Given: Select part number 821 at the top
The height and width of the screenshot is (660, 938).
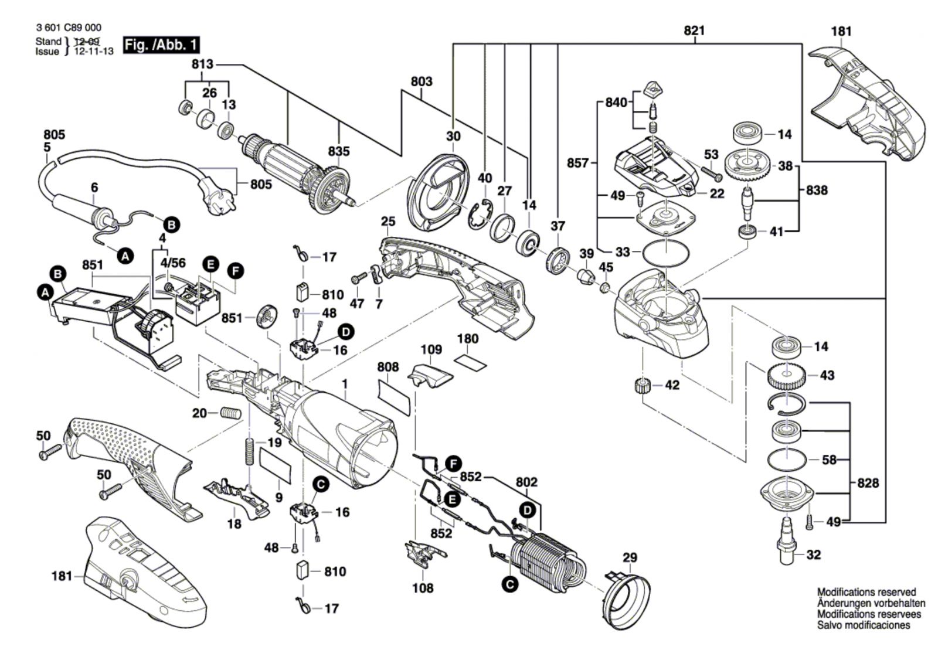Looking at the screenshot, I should click(694, 31).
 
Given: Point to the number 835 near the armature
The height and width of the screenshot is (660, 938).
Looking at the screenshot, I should click(339, 151).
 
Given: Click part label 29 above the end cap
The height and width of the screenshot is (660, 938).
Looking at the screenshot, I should click(630, 557).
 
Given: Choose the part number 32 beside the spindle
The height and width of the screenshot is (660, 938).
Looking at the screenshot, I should click(814, 554).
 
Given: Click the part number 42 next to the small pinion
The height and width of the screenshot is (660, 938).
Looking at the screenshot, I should click(672, 385).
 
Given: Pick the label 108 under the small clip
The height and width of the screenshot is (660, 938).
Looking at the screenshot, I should click(423, 587).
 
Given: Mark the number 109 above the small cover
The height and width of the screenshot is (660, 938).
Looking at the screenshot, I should click(431, 350).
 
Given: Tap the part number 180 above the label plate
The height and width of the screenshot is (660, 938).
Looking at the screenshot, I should click(468, 339).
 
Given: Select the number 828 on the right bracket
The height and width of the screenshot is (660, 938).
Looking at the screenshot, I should click(868, 483).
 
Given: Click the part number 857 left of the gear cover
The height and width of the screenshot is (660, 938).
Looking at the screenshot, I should click(578, 162).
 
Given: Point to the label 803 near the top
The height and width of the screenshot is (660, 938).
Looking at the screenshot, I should click(422, 81).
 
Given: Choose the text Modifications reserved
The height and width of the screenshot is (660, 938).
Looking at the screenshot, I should click(866, 593).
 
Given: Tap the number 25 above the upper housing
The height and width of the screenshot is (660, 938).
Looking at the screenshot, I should click(388, 222).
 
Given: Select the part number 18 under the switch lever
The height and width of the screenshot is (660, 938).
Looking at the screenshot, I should click(234, 523).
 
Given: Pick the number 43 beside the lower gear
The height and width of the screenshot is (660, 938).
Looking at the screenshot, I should click(827, 375).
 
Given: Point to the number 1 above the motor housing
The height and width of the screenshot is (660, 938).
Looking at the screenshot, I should click(345, 383).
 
